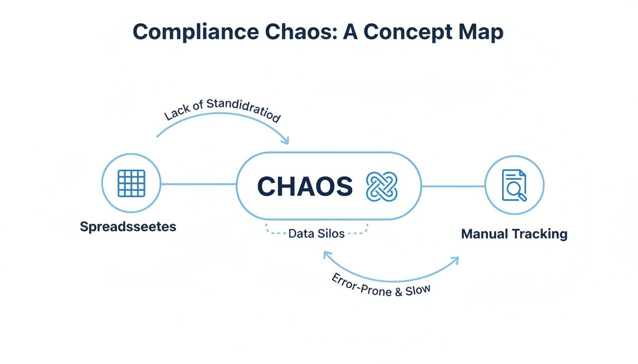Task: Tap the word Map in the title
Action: click(479, 32)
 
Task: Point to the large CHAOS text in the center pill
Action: click(305, 186)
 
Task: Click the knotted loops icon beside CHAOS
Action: click(382, 186)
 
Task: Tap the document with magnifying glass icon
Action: click(514, 185)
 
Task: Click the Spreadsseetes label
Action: click(128, 227)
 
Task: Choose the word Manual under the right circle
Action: click(484, 234)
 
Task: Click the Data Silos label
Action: click(317, 234)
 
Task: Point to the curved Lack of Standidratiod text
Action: click(222, 111)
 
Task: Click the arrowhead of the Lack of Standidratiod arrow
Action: click(285, 140)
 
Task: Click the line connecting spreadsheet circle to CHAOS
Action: click(198, 184)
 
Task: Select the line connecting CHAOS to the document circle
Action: click(453, 186)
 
